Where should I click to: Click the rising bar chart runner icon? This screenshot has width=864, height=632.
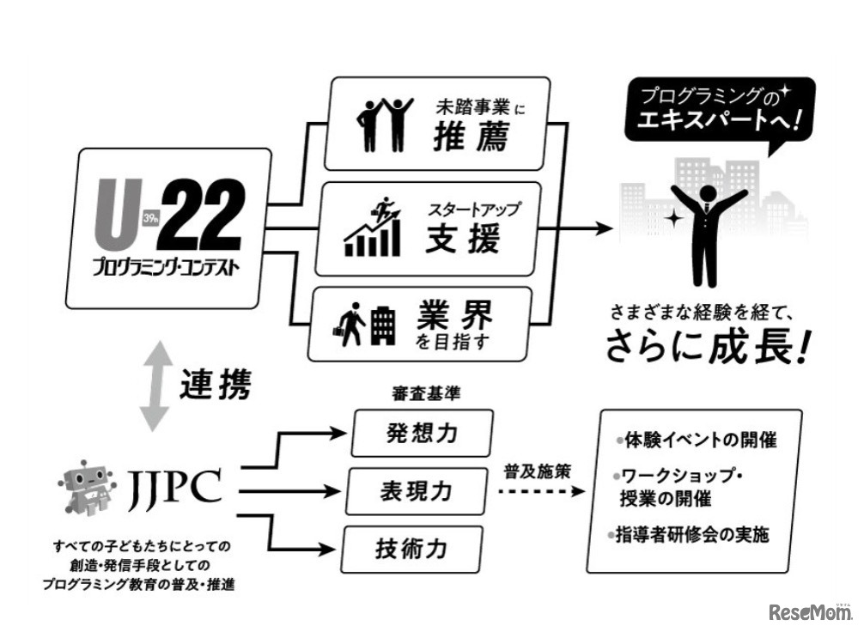[374, 228]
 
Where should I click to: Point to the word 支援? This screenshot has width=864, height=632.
[463, 240]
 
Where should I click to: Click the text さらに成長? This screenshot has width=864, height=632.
[708, 345]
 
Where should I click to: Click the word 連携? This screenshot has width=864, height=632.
[215, 386]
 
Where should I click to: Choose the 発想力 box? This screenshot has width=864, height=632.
[422, 432]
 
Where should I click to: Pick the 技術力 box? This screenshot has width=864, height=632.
[411, 547]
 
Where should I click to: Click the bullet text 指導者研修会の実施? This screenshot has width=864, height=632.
[692, 534]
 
